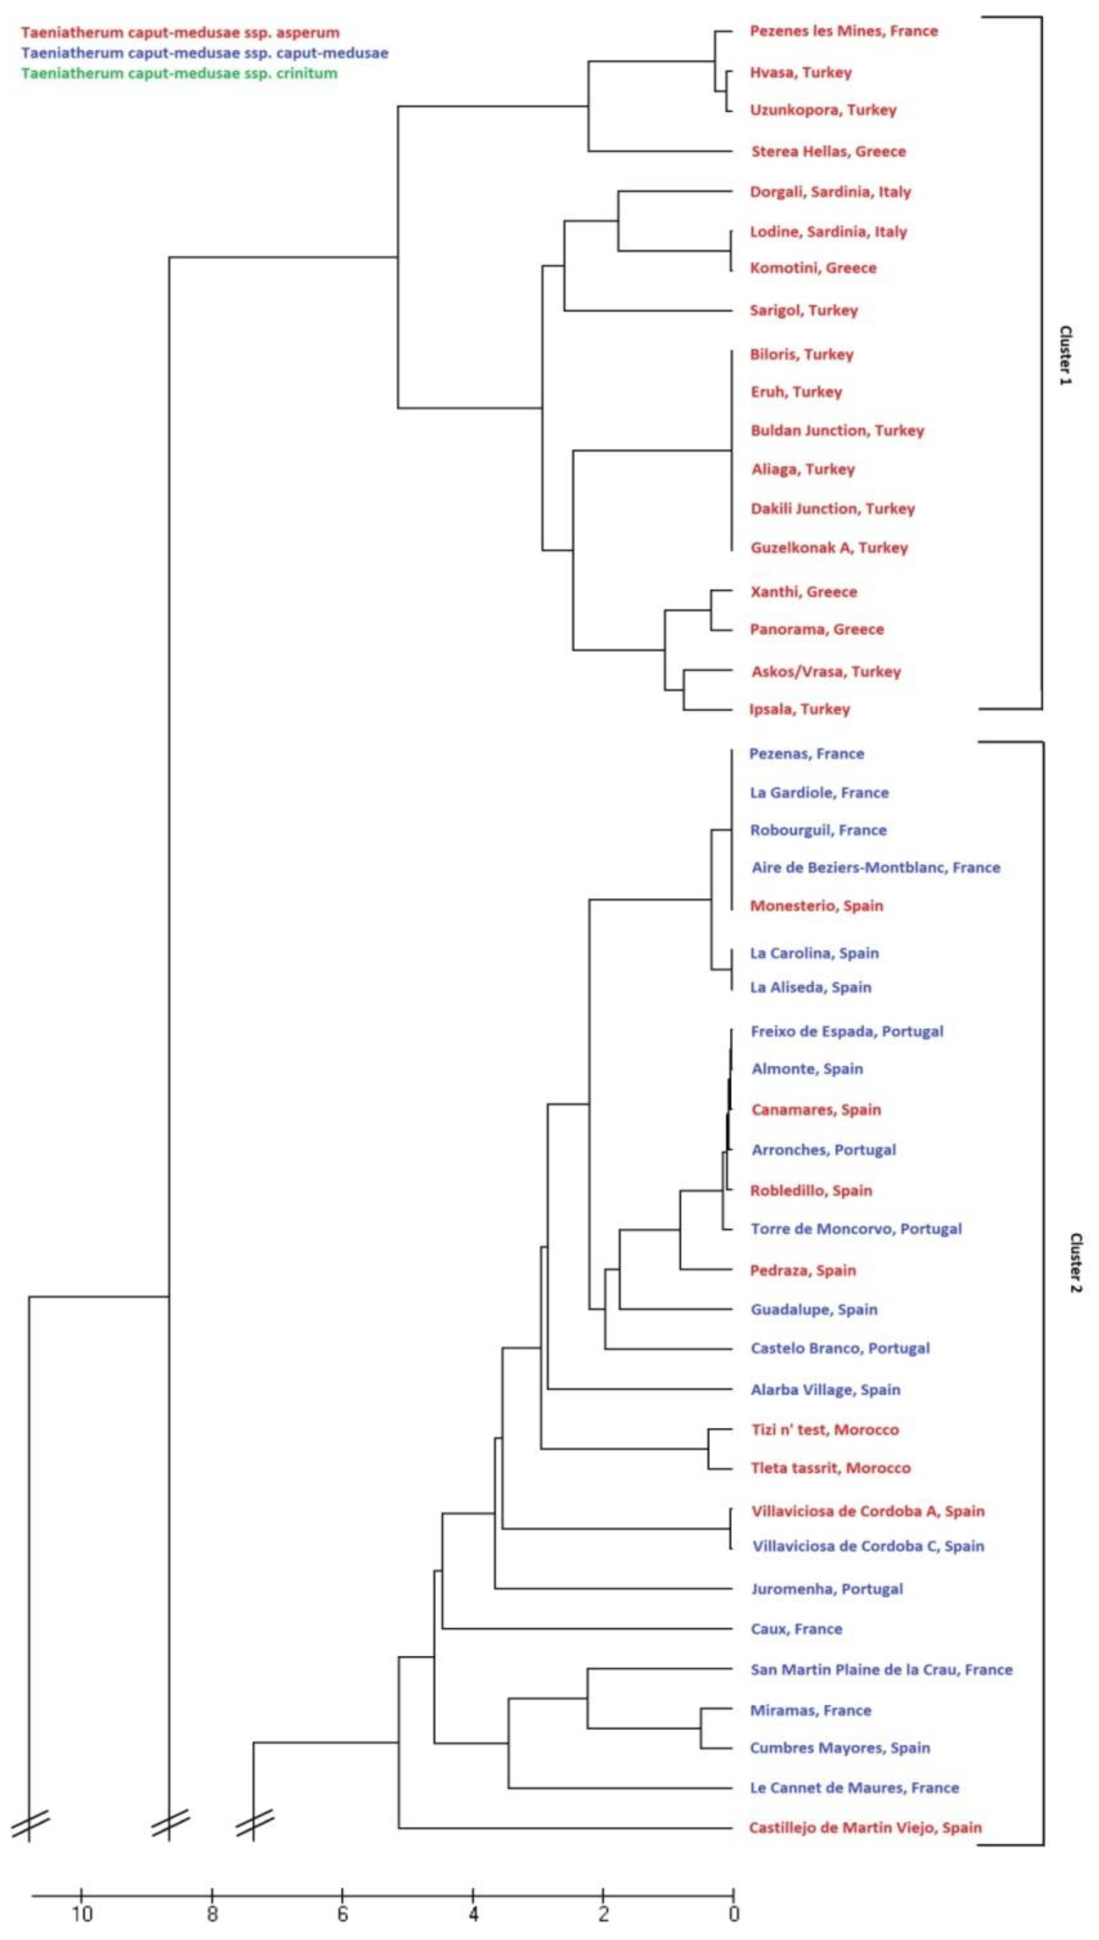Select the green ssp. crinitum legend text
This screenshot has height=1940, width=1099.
pyautogui.click(x=180, y=73)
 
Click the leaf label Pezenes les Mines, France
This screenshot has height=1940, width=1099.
pyautogui.click(x=843, y=31)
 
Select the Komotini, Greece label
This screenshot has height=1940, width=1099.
pyautogui.click(x=813, y=268)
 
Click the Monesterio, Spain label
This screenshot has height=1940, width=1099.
pyautogui.click(x=816, y=906)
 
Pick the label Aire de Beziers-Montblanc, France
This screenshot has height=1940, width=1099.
pyautogui.click(x=876, y=868)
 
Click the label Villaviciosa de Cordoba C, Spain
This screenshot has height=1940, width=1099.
pyautogui.click(x=868, y=1546)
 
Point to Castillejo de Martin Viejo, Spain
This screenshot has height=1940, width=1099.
pyautogui.click(x=865, y=1828)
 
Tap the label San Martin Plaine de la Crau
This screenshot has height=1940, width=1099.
pyautogui.click(x=881, y=1670)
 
